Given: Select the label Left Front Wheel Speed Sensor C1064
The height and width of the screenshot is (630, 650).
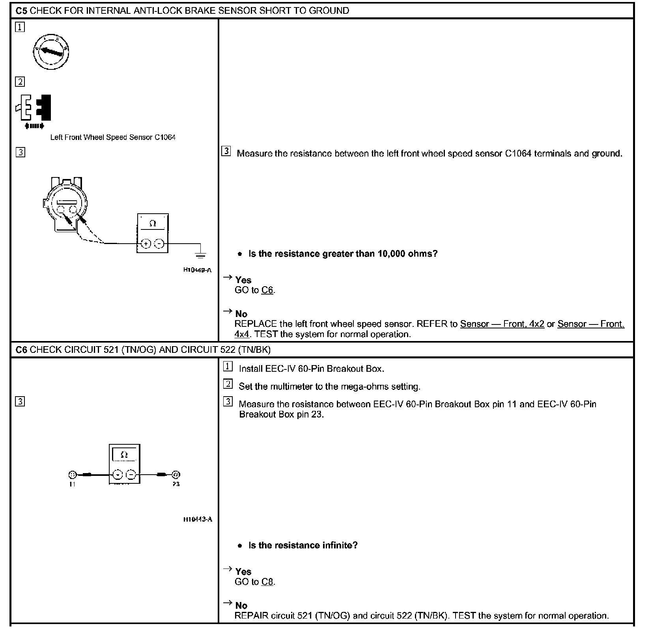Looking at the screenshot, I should point(113,137).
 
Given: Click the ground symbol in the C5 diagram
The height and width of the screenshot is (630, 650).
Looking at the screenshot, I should point(200,254).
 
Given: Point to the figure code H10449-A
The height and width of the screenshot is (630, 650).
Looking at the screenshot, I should point(197,270).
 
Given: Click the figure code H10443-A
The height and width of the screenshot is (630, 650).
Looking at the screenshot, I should point(198,519).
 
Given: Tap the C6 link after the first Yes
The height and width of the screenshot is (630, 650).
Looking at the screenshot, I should point(267,290).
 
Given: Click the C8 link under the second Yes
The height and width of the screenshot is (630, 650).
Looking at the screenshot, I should point(267,582).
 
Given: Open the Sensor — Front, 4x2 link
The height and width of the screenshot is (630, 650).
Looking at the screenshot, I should point(502,324).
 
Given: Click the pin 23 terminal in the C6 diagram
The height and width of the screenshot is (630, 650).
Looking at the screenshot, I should point(176,475).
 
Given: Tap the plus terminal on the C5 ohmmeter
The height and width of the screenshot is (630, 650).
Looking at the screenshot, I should point(146,244).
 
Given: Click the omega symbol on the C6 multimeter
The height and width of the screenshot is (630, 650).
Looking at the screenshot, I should point(124,455).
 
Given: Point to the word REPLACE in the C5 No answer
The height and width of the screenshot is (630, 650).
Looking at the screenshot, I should point(256,324).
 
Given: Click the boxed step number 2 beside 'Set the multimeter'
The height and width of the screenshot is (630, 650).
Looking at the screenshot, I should point(228,384).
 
